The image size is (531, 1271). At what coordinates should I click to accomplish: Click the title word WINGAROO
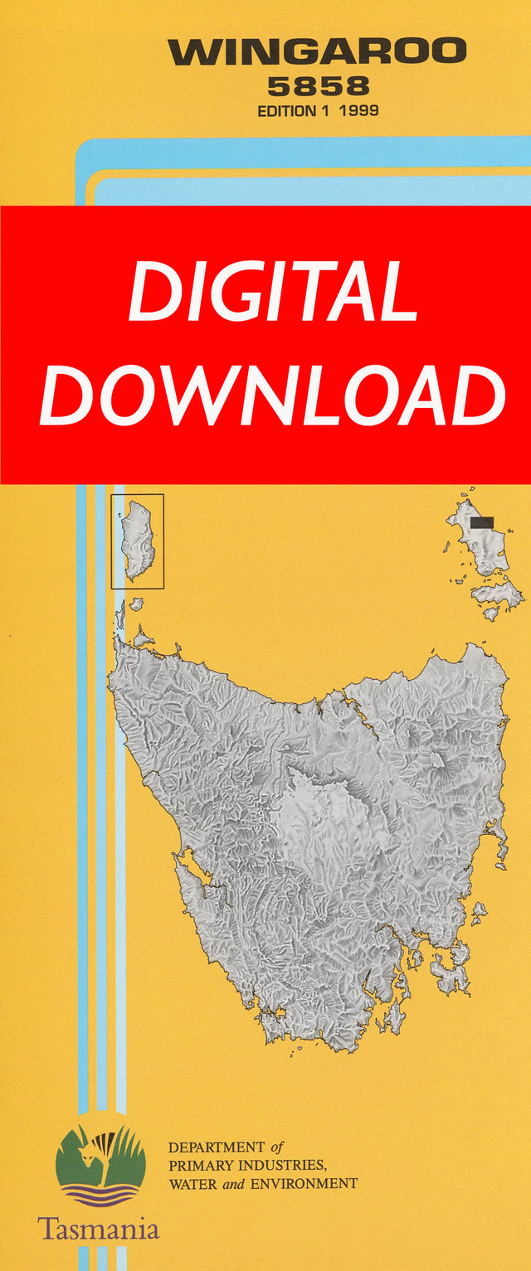318,53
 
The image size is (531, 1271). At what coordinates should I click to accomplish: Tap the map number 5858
318,85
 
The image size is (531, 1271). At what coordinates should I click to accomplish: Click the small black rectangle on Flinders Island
481,522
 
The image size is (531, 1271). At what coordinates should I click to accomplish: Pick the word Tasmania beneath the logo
98,1227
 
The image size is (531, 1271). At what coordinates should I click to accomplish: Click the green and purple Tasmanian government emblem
100,1165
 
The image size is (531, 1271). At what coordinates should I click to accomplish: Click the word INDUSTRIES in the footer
276,1166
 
